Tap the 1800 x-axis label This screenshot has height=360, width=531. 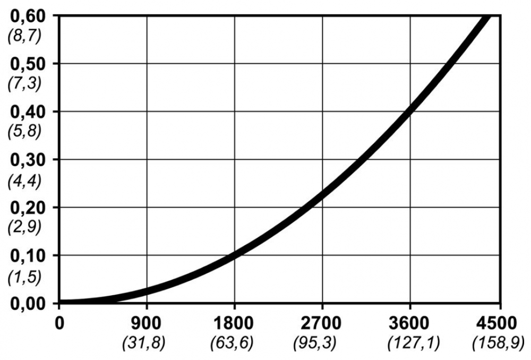[x=234, y=324]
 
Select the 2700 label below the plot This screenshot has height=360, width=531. [x=322, y=324]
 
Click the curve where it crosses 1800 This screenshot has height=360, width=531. [x=234, y=254]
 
